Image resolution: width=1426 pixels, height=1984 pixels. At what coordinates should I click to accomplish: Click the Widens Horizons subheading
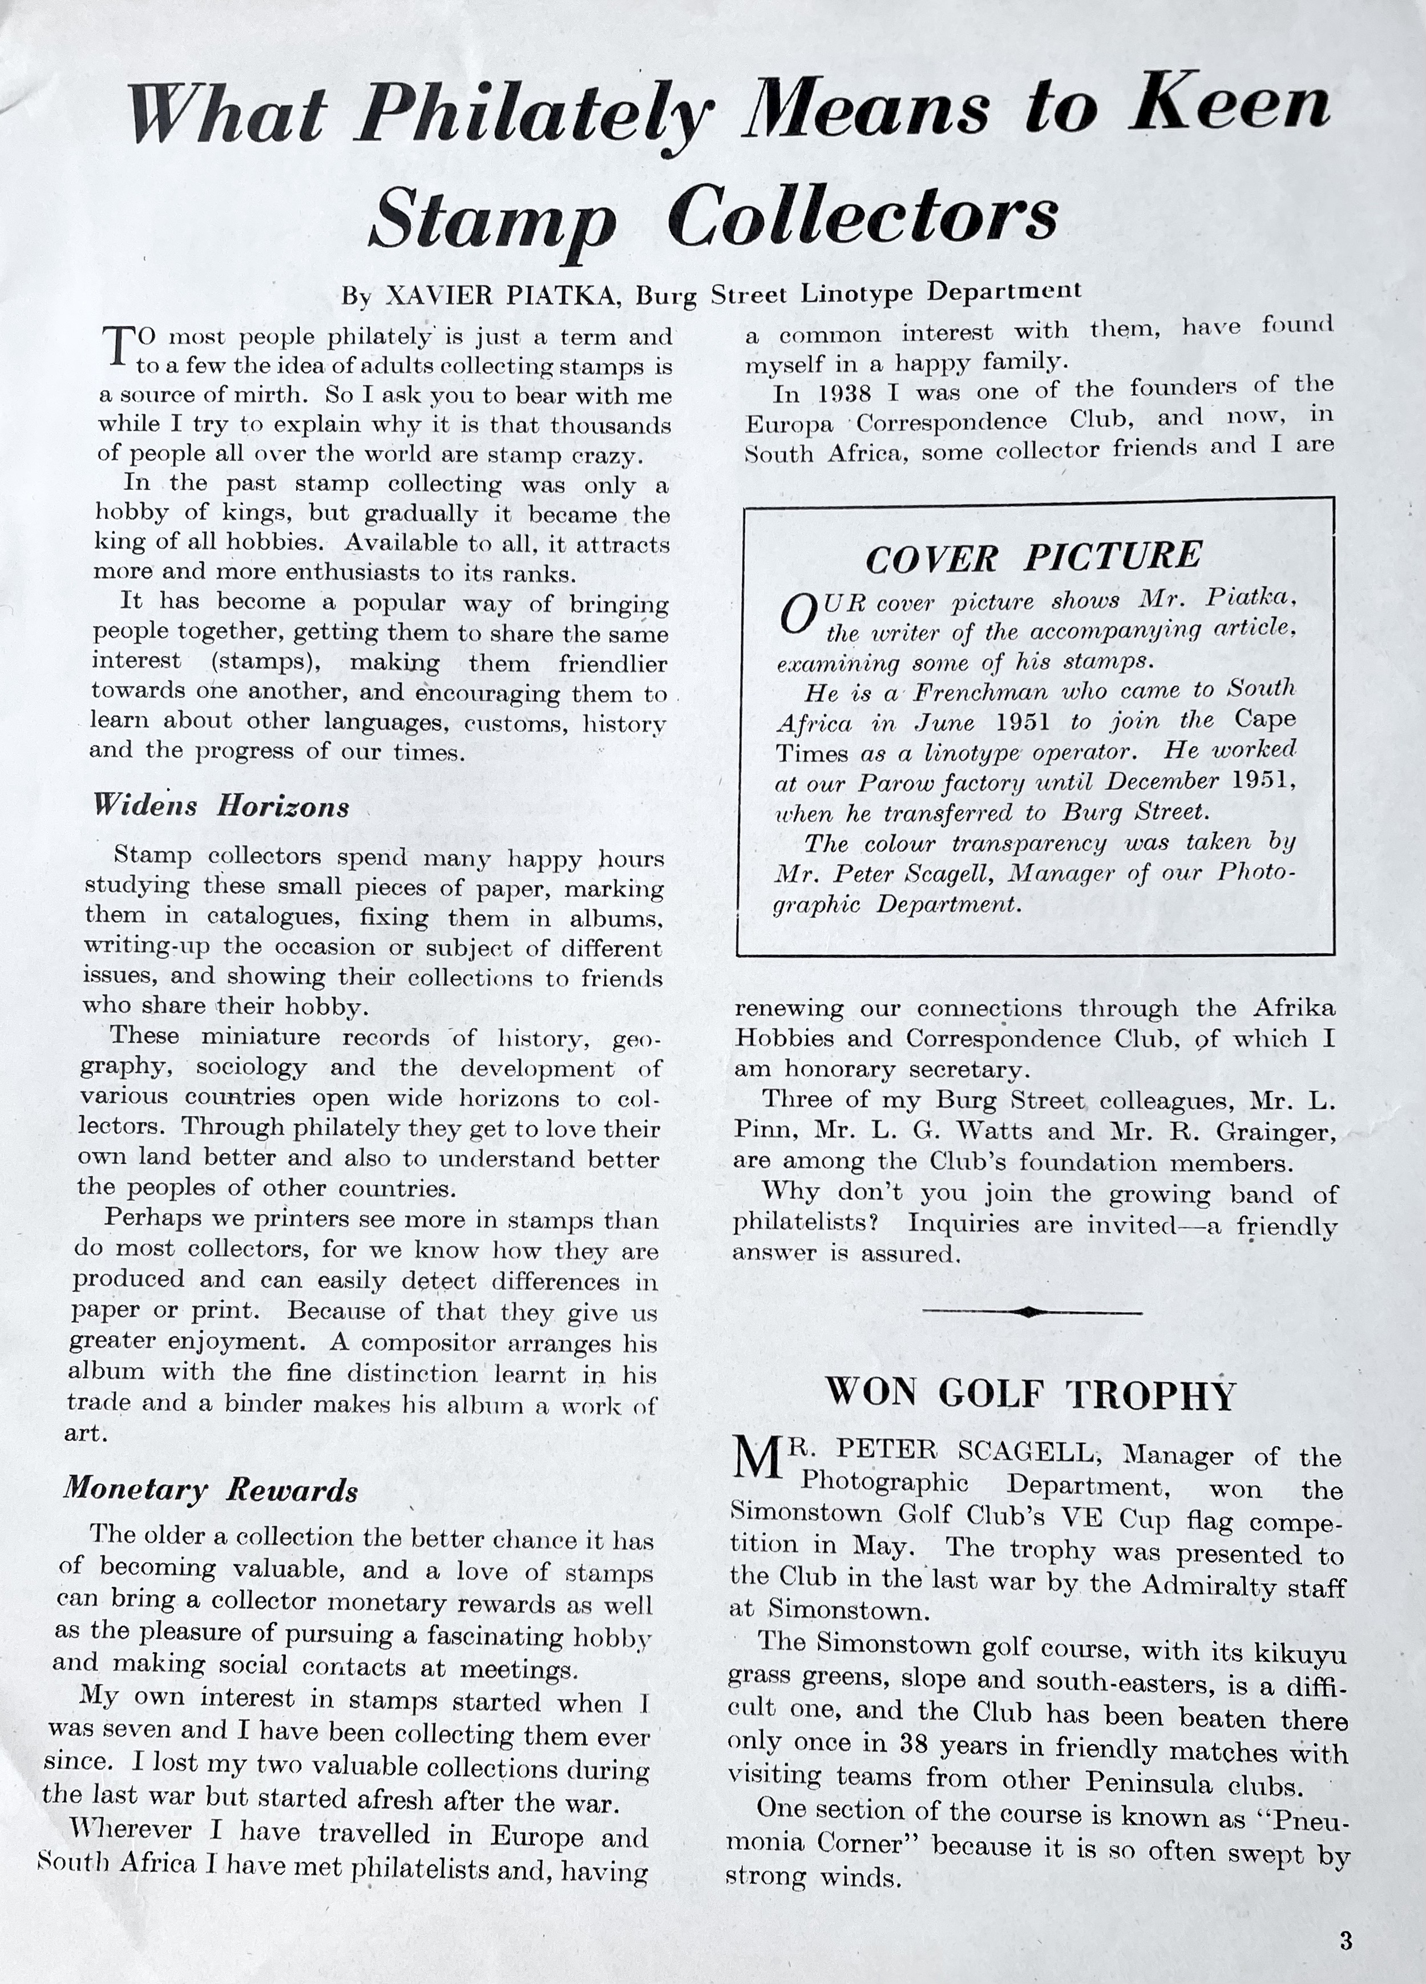click(x=221, y=806)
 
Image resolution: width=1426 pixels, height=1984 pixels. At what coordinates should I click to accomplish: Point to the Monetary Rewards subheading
click(x=211, y=1489)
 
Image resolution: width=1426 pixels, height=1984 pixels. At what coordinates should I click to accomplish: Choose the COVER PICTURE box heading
click(x=1033, y=557)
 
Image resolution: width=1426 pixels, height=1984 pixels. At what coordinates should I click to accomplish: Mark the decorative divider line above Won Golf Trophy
click(x=1032, y=1311)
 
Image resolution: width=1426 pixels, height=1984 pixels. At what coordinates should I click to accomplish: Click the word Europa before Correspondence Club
click(x=790, y=424)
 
